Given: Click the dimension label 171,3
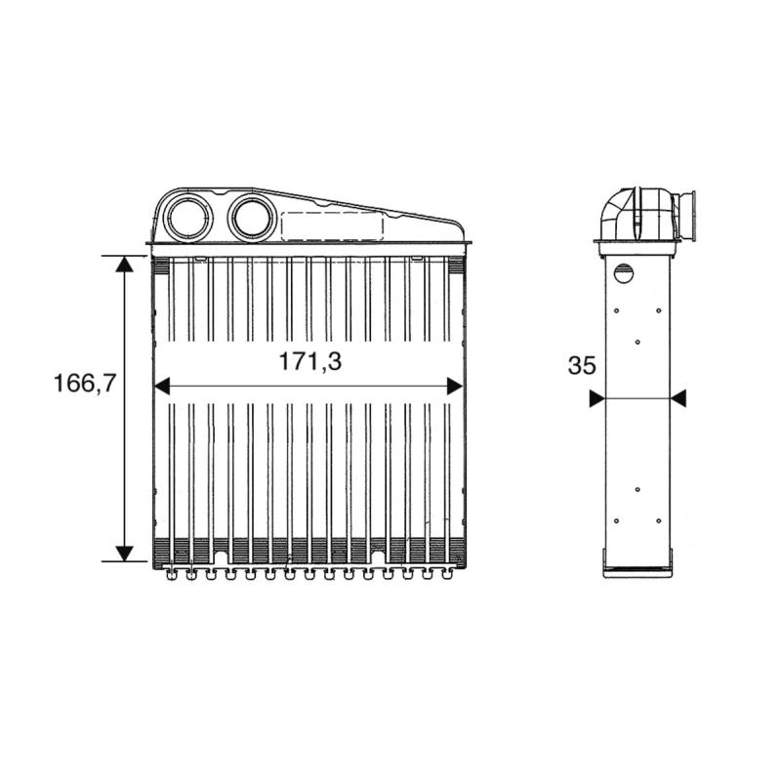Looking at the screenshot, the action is click(x=309, y=361).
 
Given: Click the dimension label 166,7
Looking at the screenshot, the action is click(x=85, y=383).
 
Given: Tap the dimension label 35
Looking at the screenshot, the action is click(x=582, y=365).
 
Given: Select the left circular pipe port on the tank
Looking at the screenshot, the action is click(x=188, y=218).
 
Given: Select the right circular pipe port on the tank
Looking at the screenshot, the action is click(x=253, y=218).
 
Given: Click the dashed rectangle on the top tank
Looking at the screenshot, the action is click(x=333, y=226).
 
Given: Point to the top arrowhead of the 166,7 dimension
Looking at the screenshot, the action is click(x=124, y=264).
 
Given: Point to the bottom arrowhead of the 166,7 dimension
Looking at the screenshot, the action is click(x=124, y=553).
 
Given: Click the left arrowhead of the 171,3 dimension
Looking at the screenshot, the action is click(x=162, y=386).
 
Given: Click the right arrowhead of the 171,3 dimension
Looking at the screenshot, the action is click(x=455, y=386).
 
